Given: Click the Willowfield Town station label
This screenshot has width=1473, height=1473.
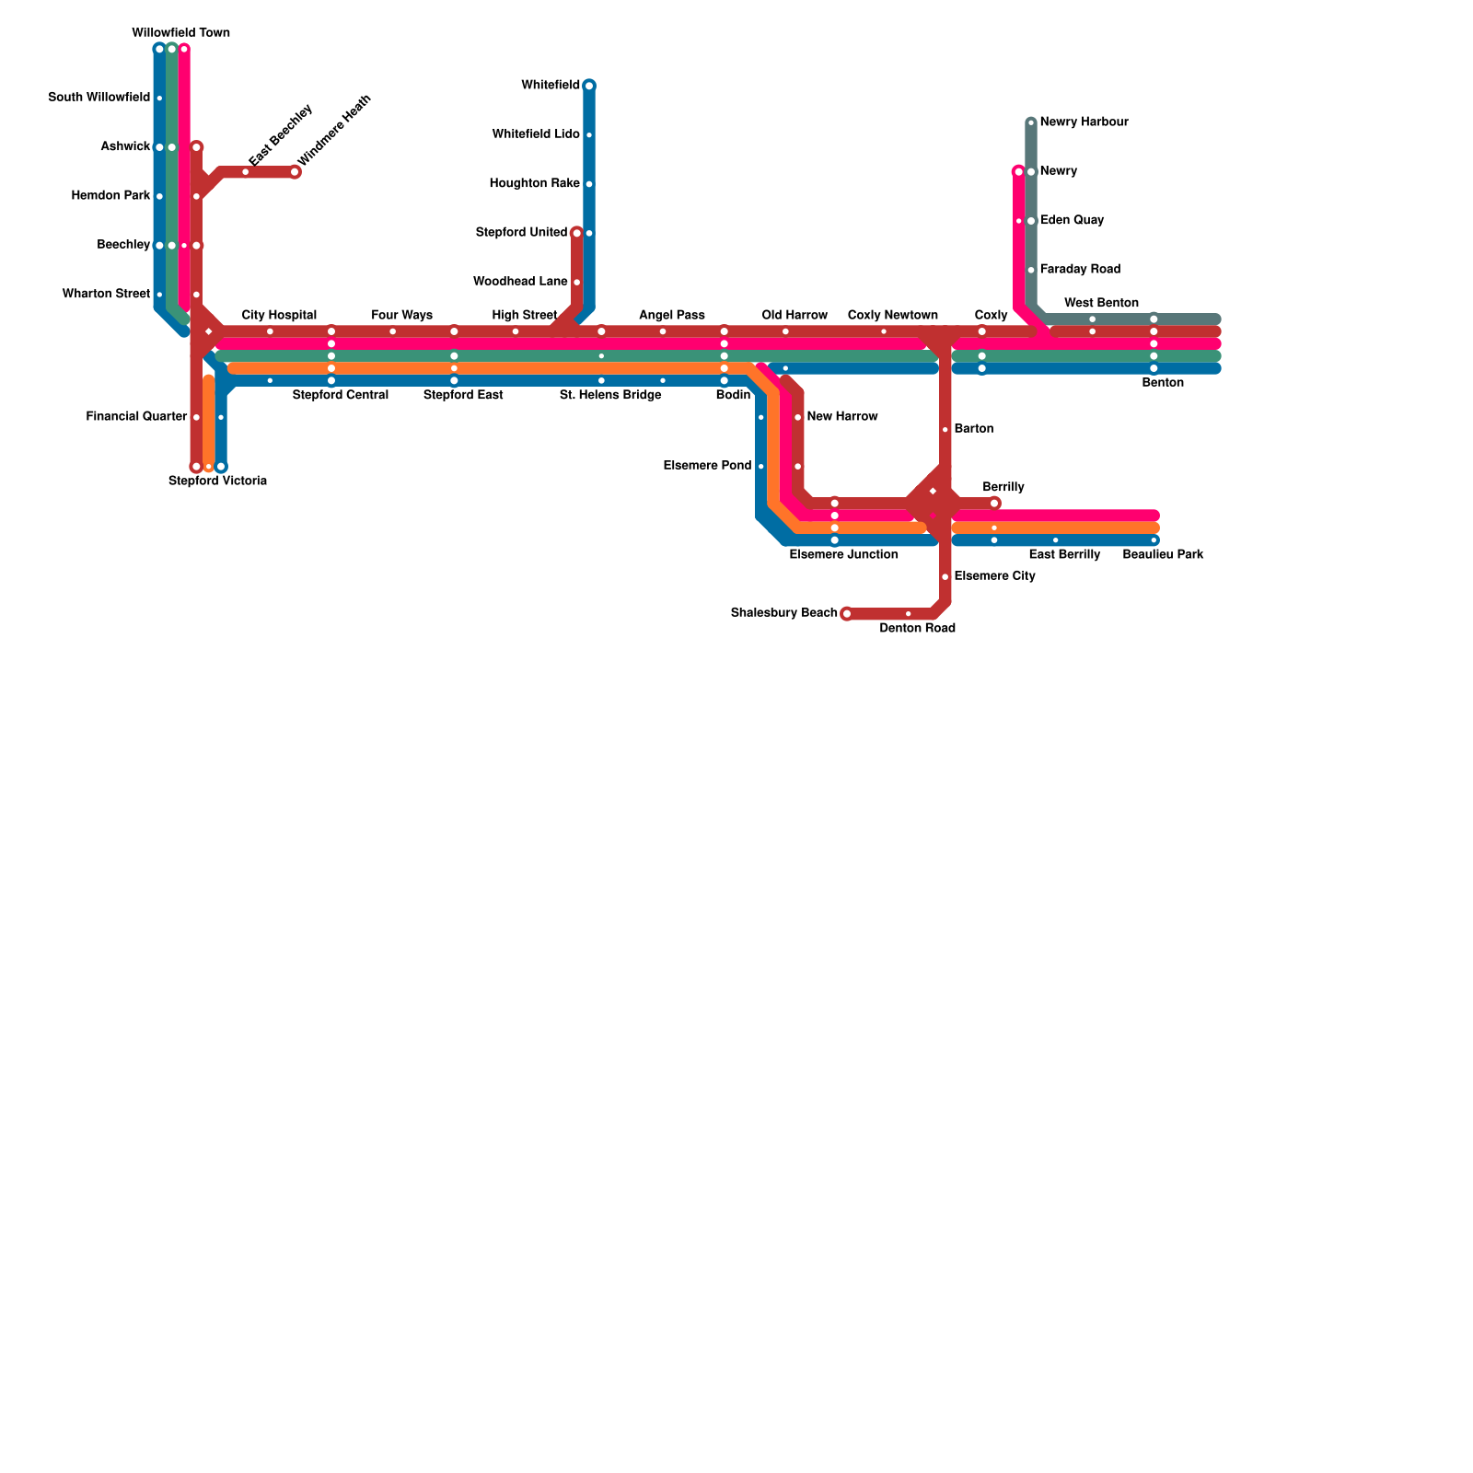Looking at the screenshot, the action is (x=180, y=33).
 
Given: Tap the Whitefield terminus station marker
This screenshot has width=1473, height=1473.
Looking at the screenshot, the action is (x=589, y=86).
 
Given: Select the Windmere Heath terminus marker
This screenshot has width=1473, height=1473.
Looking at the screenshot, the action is (x=295, y=172).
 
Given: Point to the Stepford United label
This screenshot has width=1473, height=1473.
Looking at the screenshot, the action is (x=521, y=233).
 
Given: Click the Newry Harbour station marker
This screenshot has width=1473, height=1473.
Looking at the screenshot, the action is (x=1031, y=122).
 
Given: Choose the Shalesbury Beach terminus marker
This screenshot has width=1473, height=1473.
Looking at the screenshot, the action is (x=847, y=614).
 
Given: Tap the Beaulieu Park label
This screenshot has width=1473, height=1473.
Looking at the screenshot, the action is (x=1163, y=555).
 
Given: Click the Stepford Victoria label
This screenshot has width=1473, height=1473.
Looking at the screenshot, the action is (x=217, y=481).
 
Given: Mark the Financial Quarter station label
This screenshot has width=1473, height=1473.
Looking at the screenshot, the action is (x=136, y=417).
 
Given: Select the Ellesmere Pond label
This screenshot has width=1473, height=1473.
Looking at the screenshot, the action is (x=707, y=466).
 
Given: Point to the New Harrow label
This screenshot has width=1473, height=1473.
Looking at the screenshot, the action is (x=841, y=417).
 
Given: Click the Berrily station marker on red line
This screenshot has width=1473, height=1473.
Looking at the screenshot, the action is (x=994, y=503).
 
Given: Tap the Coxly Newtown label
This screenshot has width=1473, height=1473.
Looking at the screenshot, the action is (x=892, y=316).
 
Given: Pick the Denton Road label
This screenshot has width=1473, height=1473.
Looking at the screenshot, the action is (x=917, y=629).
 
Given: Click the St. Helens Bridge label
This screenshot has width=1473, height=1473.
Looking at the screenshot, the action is (x=609, y=396).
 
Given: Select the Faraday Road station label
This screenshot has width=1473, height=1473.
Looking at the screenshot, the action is (x=1080, y=270).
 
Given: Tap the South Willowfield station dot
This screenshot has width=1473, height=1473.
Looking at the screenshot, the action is (x=159, y=98).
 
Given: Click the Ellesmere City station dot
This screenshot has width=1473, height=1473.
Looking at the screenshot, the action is (x=945, y=577).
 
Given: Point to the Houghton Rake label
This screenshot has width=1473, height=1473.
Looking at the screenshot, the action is (x=534, y=184).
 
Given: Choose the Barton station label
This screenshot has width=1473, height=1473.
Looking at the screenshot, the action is (x=973, y=429).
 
